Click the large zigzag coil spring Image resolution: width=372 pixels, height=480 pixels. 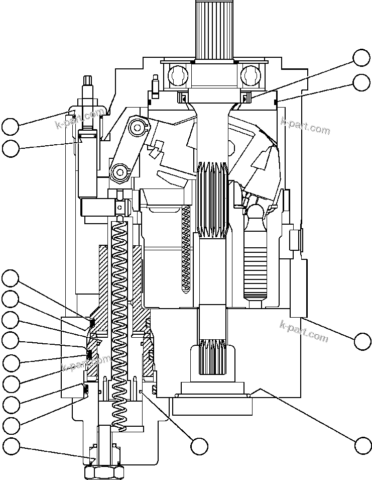[120, 322]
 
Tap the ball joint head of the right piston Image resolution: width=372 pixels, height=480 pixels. [256, 211]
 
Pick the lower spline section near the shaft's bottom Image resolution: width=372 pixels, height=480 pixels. [212, 358]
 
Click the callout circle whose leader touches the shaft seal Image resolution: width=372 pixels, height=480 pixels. [361, 58]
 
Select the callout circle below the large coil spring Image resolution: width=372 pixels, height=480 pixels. [199, 445]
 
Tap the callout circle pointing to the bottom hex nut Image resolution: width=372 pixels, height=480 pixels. [11, 445]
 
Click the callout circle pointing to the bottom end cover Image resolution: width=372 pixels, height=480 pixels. [362, 445]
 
